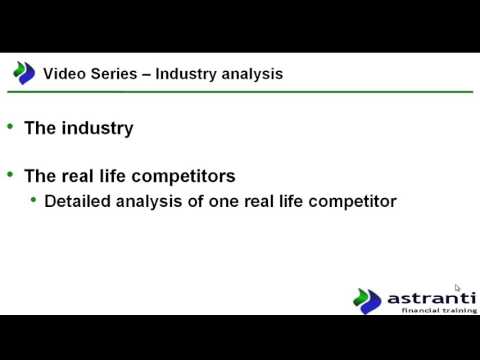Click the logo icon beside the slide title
[23, 73]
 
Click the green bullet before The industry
[10, 127]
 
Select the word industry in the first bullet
[97, 128]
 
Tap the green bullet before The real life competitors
[10, 174]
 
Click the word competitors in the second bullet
[188, 176]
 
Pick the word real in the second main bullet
[79, 176]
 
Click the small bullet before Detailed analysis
[33, 200]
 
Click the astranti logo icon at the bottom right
[367, 300]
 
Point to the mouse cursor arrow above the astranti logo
[458, 289]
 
